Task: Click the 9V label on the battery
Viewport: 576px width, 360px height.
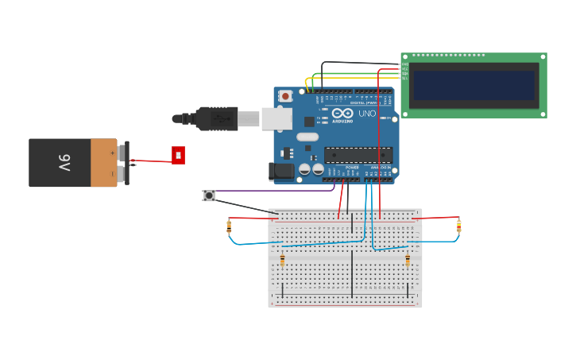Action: pyautogui.click(x=64, y=163)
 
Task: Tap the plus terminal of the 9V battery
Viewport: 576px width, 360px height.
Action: pyautogui.click(x=121, y=151)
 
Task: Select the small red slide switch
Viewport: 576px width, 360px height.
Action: pyautogui.click(x=178, y=155)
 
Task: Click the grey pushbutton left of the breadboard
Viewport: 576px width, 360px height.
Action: pyautogui.click(x=209, y=195)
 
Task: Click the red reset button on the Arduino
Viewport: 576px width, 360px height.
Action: pyautogui.click(x=286, y=96)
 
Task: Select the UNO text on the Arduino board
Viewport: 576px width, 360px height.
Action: pyautogui.click(x=367, y=114)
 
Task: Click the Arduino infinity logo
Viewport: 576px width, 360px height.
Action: pyautogui.click(x=342, y=113)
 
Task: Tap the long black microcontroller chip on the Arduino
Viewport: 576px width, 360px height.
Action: pyautogui.click(x=358, y=155)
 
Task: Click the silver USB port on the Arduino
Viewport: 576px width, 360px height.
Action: pyautogui.click(x=276, y=118)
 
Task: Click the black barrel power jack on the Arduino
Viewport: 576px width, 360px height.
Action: pyautogui.click(x=281, y=171)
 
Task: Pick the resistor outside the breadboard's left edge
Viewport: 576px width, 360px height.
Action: pyautogui.click(x=229, y=226)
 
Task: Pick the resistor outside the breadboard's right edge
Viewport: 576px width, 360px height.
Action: pyautogui.click(x=458, y=226)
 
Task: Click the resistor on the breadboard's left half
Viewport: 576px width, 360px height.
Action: pyautogui.click(x=282, y=260)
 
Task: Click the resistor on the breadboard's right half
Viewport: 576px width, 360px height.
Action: pyautogui.click(x=408, y=260)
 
